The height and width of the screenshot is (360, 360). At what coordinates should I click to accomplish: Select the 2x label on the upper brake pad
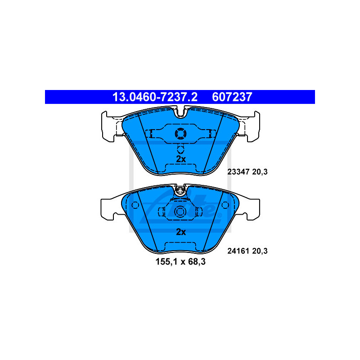(180, 159)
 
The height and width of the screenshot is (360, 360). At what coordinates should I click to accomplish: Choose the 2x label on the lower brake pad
(180, 232)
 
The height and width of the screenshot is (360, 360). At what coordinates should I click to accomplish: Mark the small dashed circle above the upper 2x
(180, 149)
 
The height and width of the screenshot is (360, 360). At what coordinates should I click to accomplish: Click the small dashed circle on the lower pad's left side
(135, 205)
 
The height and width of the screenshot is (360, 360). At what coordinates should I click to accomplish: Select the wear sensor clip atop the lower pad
(180, 191)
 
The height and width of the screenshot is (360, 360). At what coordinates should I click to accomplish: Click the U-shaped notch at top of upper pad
(180, 111)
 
